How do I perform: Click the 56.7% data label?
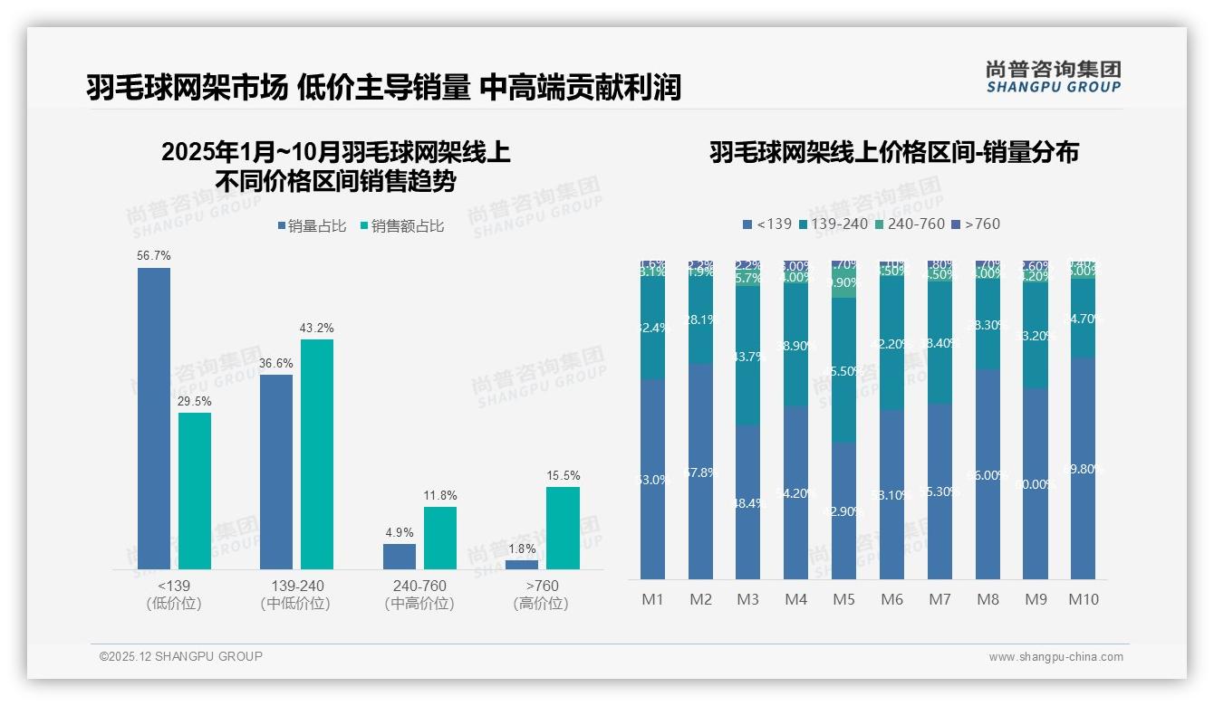[153, 256]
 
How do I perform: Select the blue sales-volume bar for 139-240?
[276, 471]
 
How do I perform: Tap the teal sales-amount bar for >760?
[563, 528]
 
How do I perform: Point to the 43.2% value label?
[317, 328]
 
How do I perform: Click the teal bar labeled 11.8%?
[440, 538]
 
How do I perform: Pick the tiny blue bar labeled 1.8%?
[522, 565]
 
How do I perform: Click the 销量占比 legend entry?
[312, 226]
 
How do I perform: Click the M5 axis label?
[843, 599]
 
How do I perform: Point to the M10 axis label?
[1083, 599]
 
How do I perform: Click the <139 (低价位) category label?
[173, 595]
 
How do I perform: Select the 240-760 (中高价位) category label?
[419, 595]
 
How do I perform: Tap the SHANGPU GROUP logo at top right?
[1053, 76]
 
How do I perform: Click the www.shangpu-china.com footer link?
[1055, 657]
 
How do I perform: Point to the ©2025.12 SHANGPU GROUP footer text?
[181, 656]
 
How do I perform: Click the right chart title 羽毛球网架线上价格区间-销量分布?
[893, 152]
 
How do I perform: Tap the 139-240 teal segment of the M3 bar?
[748, 356]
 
